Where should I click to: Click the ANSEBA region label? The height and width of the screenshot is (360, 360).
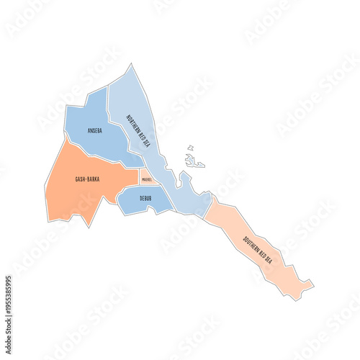(x=94, y=131)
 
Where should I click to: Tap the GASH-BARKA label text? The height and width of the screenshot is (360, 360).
(x=87, y=179)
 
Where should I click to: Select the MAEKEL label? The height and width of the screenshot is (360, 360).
(x=146, y=179)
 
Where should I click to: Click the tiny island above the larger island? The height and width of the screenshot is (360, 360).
(x=191, y=148)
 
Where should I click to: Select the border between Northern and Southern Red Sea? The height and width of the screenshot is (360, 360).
(x=209, y=206)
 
